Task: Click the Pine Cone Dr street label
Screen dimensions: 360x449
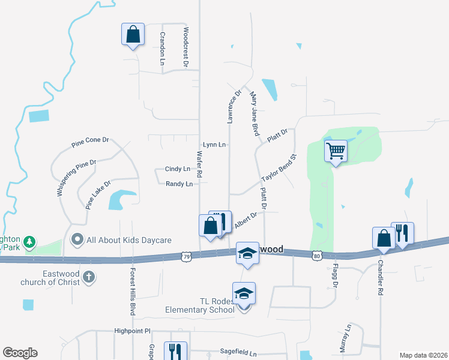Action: (x=90, y=142)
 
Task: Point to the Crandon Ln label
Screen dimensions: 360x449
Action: (x=163, y=47)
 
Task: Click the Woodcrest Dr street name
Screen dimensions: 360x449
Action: (x=186, y=46)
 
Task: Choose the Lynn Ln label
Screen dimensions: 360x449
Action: (x=214, y=145)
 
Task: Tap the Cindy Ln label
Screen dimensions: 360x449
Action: (x=178, y=169)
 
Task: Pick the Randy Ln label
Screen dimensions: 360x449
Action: (x=179, y=184)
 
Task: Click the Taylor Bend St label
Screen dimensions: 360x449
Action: (x=279, y=169)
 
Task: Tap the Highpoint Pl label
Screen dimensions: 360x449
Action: (x=131, y=331)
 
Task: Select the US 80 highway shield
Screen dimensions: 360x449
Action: (x=318, y=256)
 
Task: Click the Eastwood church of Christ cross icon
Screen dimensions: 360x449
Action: (x=89, y=277)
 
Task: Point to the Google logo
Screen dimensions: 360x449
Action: (x=20, y=353)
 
